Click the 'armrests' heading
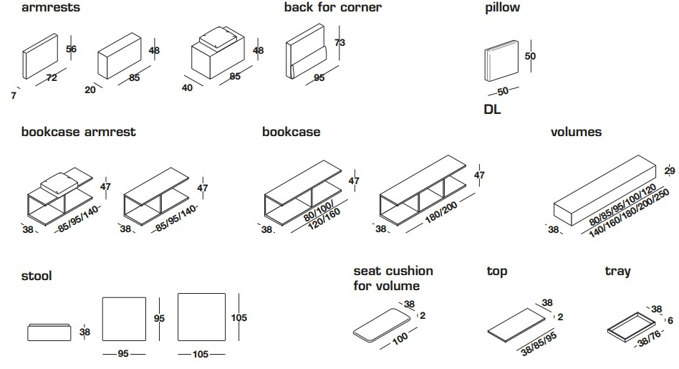point(51,8)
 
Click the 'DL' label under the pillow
point(492,110)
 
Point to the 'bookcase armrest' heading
point(78,133)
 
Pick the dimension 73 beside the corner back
point(340,43)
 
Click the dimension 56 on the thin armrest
point(71,49)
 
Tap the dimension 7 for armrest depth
point(14,95)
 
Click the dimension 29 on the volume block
point(670,171)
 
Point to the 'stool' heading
point(37,276)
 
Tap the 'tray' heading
point(617,272)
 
